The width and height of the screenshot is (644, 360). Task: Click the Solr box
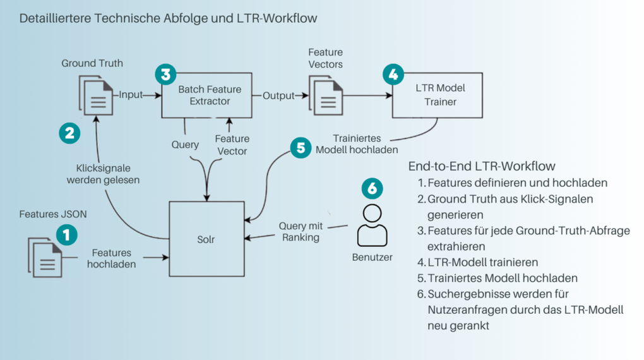click(206, 238)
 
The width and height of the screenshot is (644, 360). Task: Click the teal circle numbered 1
click(66, 236)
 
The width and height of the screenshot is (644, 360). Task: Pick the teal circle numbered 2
click(69, 133)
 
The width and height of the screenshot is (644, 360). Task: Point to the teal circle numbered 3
click(165, 75)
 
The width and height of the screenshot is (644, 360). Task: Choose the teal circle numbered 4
click(393, 75)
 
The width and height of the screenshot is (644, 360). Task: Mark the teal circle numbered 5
click(301, 148)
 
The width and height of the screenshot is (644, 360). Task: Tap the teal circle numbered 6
click(372, 188)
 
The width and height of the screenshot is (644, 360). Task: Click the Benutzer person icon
click(372, 225)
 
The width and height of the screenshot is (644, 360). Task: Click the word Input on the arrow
click(131, 95)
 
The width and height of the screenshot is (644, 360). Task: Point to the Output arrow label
click(278, 95)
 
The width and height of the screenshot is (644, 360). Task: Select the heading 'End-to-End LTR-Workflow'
click(482, 166)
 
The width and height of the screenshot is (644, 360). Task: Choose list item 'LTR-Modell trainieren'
click(483, 261)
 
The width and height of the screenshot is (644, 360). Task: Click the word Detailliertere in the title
click(55, 18)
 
